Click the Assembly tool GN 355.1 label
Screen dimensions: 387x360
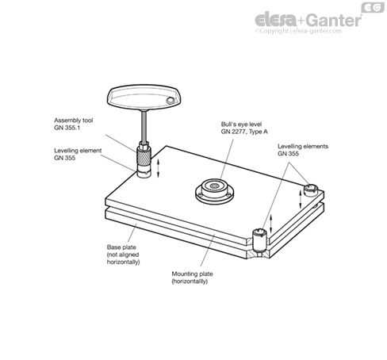pos(74,124)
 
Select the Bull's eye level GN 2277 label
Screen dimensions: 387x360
pos(244,128)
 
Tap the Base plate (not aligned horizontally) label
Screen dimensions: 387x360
pos(123,255)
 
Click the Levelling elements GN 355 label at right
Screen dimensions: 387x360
pos(303,150)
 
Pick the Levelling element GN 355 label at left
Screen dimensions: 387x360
pos(78,154)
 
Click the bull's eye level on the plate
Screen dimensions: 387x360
pos(214,191)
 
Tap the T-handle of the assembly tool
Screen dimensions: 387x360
pos(144,97)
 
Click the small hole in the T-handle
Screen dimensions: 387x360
pos(170,100)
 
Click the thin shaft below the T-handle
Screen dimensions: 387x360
pos(144,126)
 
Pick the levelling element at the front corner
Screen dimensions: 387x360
pos(259,242)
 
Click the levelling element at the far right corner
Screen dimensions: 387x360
pos(310,190)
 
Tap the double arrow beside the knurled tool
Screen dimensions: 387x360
pos(159,168)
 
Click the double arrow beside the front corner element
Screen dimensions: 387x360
pos(271,223)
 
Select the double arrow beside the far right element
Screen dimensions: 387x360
pos(301,199)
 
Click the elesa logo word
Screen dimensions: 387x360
pos(276,19)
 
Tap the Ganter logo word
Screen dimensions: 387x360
pos(334,20)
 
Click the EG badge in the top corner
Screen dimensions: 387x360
pos(373,8)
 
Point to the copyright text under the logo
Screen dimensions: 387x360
pos(298,31)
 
